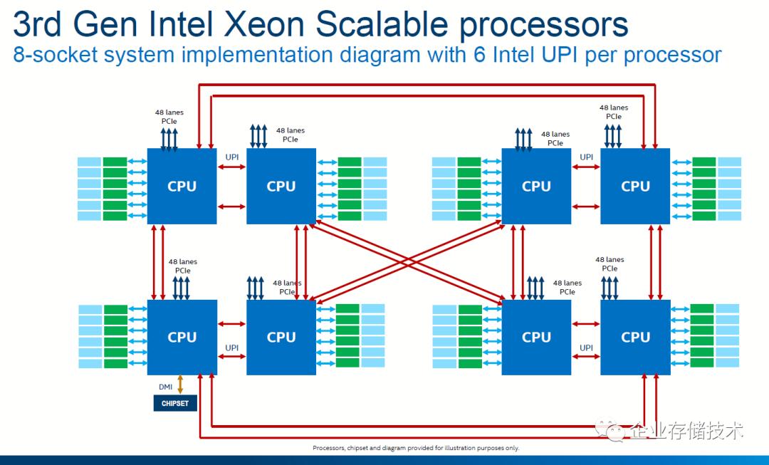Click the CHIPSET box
click(174, 403)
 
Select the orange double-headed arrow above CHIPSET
click(180, 385)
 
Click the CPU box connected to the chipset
click(182, 337)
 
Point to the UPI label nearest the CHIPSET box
click(231, 348)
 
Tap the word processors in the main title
click(543, 26)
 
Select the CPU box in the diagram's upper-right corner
click(635, 186)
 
